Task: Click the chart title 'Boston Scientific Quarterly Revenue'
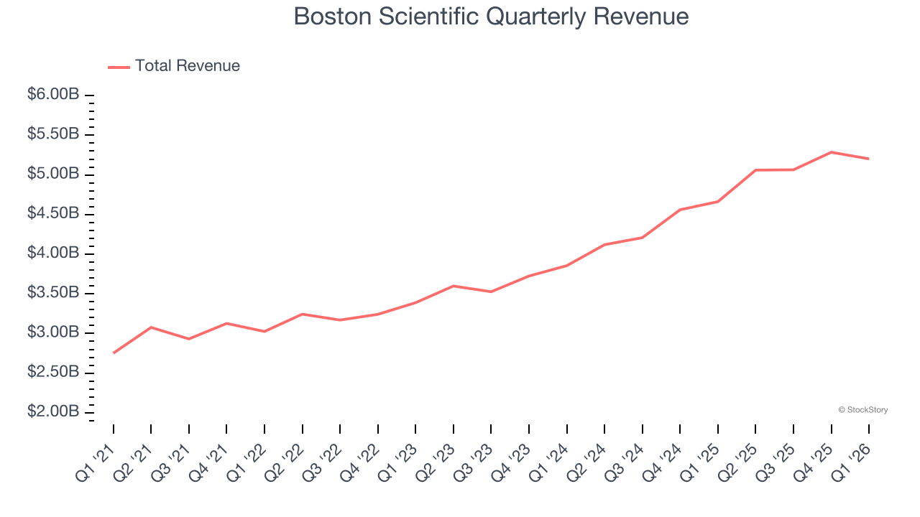[491, 17]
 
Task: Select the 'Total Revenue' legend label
[187, 66]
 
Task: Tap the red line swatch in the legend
[119, 67]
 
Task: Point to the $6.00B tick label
[53, 95]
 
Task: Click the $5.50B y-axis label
[53, 134]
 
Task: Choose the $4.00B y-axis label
[53, 253]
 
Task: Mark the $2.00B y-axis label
[53, 411]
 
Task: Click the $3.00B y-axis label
[53, 332]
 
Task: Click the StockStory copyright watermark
[862, 410]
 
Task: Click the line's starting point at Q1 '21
[114, 353]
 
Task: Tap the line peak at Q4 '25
[832, 152]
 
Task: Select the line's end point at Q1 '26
[869, 159]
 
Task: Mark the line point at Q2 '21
[151, 327]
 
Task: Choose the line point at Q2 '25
[756, 170]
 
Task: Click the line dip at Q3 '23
[491, 292]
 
